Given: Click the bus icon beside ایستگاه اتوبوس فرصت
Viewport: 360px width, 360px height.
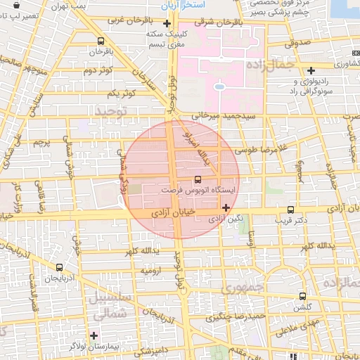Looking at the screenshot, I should coord(197,179).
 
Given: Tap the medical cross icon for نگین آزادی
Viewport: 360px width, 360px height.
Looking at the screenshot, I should coord(226,207).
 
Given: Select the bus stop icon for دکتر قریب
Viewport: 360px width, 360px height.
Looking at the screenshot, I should coord(291,210).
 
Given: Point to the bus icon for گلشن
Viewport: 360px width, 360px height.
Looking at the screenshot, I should coord(302,296).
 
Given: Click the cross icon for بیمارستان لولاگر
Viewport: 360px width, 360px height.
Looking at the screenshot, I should coord(94,335).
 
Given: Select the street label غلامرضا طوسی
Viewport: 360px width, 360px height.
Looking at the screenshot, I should coord(255,149).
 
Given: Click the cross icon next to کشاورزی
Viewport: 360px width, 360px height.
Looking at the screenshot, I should coord(311,70).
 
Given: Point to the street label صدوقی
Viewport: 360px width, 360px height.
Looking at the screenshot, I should coord(297,43).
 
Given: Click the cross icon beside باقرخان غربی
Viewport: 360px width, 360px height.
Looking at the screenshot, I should coord(166,24).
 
